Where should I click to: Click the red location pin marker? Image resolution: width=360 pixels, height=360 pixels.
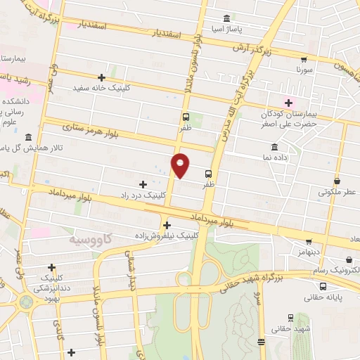coord(181,165)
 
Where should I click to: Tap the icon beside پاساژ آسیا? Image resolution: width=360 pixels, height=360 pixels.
coord(226,19)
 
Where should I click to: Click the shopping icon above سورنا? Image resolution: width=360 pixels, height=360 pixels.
coord(304,60)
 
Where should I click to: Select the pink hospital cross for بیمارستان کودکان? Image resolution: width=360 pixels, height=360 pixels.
coord(288,102)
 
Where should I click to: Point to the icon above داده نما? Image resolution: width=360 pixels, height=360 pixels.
coord(274,148)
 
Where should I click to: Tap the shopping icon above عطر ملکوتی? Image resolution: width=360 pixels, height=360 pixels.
coord(337,181)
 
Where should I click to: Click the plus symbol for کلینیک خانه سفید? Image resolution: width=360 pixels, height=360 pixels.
coord(102,77)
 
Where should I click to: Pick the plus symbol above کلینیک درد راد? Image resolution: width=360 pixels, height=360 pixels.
coord(143,184)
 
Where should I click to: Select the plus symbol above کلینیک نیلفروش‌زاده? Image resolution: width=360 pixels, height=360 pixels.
coord(167,225)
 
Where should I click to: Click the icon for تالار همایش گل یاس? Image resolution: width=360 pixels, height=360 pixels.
coord(28,137)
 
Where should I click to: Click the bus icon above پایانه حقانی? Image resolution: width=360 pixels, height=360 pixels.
coord(323,286)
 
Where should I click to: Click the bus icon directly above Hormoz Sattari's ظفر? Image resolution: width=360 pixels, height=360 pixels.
coord(186,117)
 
